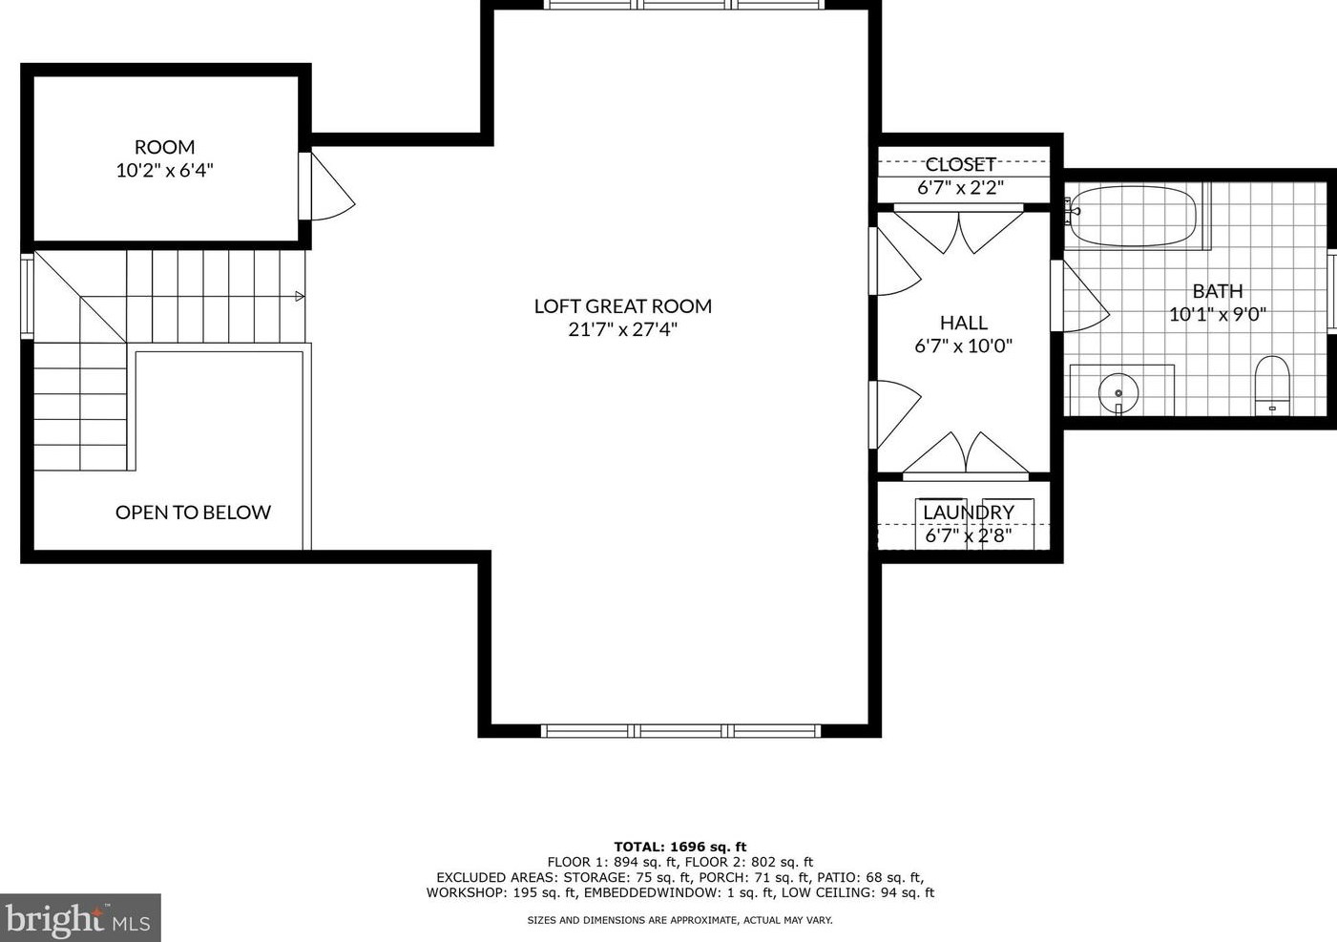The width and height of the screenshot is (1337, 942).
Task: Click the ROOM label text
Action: [x=164, y=147]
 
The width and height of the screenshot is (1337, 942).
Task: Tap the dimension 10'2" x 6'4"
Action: [x=164, y=171]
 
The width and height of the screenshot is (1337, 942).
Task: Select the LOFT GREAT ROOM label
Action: [x=622, y=306]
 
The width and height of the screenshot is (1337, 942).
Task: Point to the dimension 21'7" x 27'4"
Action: [x=622, y=330]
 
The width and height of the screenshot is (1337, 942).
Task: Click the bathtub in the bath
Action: [x=1133, y=215]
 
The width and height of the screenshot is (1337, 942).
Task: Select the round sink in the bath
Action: [x=1118, y=391]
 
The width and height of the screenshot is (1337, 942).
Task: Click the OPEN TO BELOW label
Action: [x=193, y=513]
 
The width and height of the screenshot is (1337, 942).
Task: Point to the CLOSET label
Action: [x=960, y=164]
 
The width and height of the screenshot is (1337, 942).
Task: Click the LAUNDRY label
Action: [x=968, y=513]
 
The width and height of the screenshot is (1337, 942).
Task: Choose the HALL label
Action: [x=963, y=323]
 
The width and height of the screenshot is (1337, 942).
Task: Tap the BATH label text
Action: [x=1217, y=291]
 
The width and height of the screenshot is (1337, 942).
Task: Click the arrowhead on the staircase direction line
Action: [x=300, y=296]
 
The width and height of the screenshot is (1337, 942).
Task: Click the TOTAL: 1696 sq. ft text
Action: [x=679, y=847]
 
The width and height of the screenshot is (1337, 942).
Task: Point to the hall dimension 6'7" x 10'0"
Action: [x=963, y=346]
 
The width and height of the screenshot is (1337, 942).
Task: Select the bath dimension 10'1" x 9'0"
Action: [x=1217, y=315]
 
